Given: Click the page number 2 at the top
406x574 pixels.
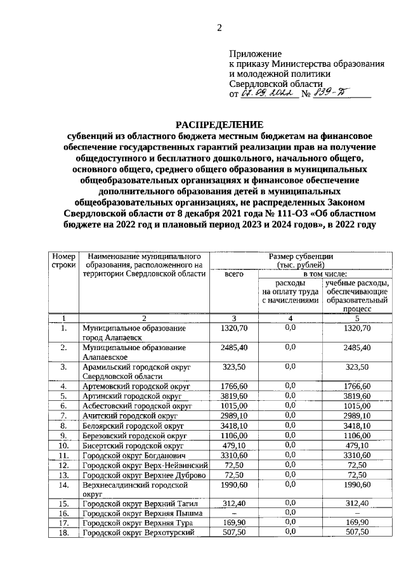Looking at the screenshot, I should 219,27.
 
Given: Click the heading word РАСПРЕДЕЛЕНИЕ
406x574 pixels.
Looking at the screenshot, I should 219,124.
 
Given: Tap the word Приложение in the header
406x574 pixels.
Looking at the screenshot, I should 256,55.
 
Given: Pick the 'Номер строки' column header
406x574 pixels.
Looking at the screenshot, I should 63,260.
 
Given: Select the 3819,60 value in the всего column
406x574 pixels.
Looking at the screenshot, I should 234,396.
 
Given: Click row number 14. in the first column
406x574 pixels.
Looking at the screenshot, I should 63,485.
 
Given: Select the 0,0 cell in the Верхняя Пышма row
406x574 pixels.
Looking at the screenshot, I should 291,512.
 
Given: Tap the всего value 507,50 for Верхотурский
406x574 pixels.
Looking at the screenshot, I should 234,533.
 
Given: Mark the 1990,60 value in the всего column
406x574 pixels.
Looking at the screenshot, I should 234,485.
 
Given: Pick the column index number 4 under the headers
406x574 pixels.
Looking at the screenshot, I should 291,318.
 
